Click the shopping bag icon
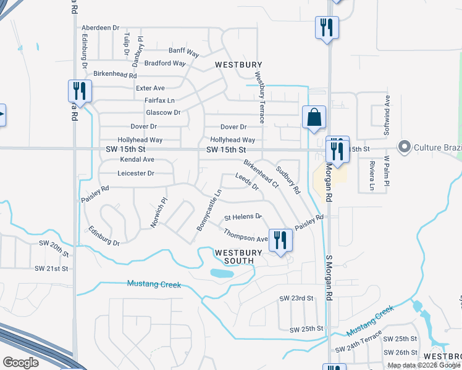pyautogui.click(x=314, y=117)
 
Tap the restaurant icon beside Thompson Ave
pyautogui.click(x=281, y=239)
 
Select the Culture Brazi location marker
pyautogui.click(x=405, y=147)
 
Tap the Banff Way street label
pyautogui.click(x=183, y=52)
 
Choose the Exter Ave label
pyautogui.click(x=150, y=88)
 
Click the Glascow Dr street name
pyautogui.click(x=163, y=112)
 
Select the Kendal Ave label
pyautogui.click(x=137, y=159)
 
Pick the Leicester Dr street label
pyautogui.click(x=136, y=173)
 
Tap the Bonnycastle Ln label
pyautogui.click(x=209, y=211)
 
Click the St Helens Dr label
pyautogui.click(x=243, y=217)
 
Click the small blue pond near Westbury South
pyautogui.click(x=222, y=273)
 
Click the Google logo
pyautogui.click(x=20, y=363)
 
